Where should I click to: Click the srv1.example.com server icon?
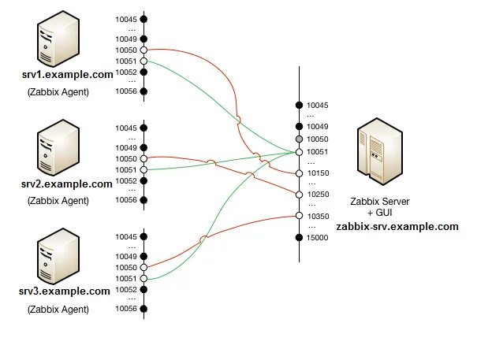click(x=56, y=46)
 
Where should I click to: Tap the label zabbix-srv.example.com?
click(x=397, y=226)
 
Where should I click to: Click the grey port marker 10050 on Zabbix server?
click(x=300, y=139)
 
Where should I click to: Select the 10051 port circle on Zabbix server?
click(x=300, y=151)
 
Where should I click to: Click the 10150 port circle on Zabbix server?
click(x=300, y=173)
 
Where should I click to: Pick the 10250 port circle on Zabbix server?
click(x=300, y=195)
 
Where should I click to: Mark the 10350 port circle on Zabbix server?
click(x=300, y=216)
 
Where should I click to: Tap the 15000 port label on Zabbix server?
click(x=318, y=237)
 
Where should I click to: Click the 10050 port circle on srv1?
click(x=143, y=50)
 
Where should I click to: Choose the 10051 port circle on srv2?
click(x=143, y=169)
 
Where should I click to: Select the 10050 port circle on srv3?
click(x=143, y=268)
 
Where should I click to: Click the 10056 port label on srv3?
click(x=126, y=309)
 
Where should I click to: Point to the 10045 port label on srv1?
click(x=126, y=19)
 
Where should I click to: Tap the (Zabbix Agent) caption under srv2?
click(x=58, y=200)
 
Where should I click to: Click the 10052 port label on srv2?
click(x=126, y=180)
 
